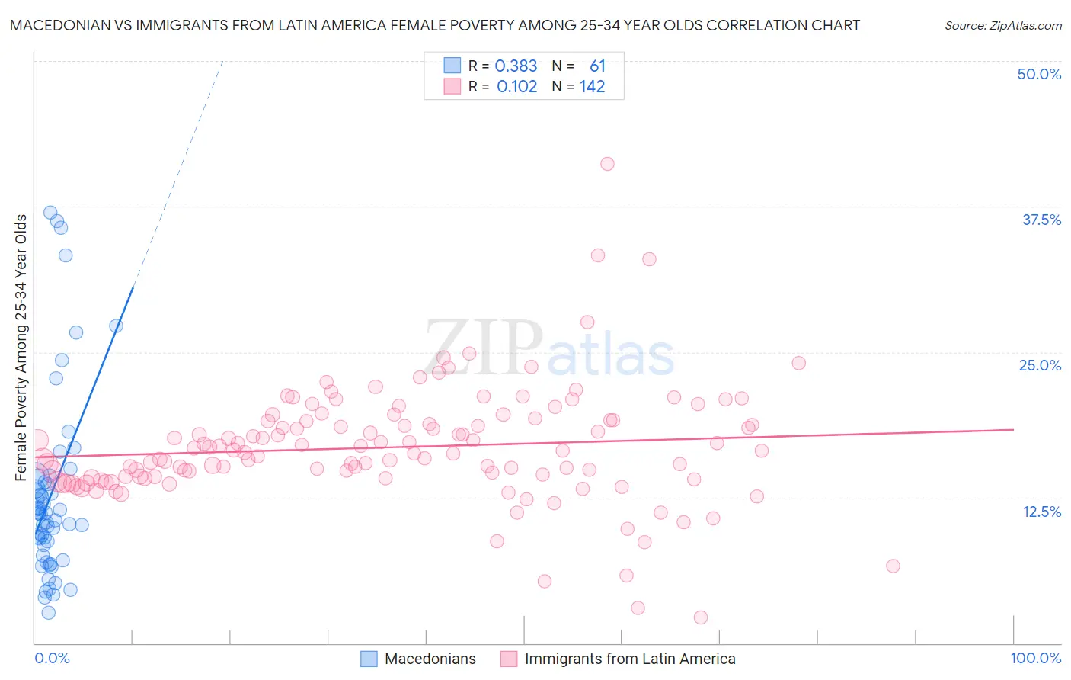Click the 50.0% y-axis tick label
pyautogui.click(x=1039, y=74)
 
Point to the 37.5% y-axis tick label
pyautogui.click(x=1041, y=220)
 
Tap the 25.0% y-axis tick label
pyautogui.click(x=1040, y=365)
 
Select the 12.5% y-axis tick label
pyautogui.click(x=1041, y=512)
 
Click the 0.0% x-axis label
pyautogui.click(x=52, y=658)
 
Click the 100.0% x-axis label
pyautogui.click(x=1035, y=658)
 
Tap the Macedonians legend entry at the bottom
pyautogui.click(x=430, y=659)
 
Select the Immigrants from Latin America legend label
pyautogui.click(x=630, y=659)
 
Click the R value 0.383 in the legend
pyautogui.click(x=516, y=66)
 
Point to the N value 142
pyautogui.click(x=592, y=87)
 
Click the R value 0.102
pyautogui.click(x=516, y=87)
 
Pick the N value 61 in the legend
pyautogui.click(x=597, y=66)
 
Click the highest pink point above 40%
pyautogui.click(x=607, y=164)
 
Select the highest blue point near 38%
pyautogui.click(x=50, y=213)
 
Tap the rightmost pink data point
pyautogui.click(x=893, y=566)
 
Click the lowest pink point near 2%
pyautogui.click(x=701, y=617)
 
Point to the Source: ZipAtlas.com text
pyautogui.click(x=1002, y=26)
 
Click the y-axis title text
pyautogui.click(x=21, y=348)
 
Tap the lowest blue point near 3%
pyautogui.click(x=48, y=612)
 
